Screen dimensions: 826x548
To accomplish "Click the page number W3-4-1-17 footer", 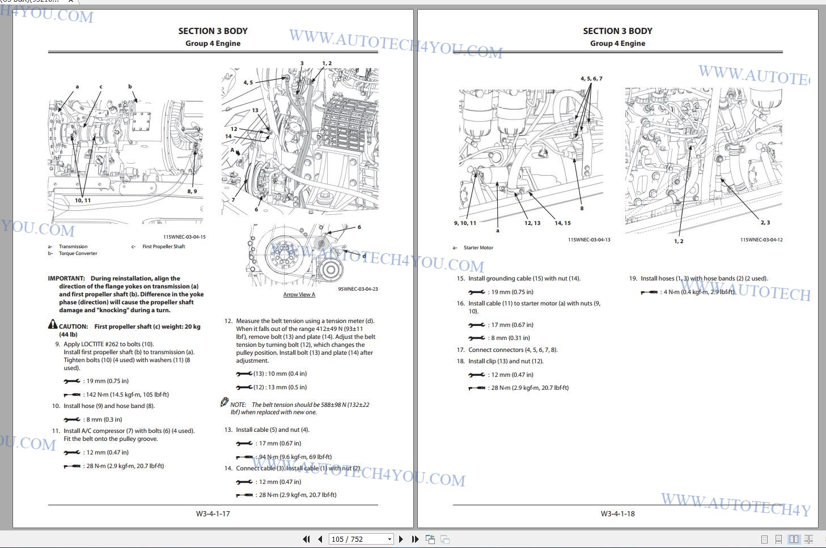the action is pos(213,513).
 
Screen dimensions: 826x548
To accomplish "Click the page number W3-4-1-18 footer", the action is pos(617,513).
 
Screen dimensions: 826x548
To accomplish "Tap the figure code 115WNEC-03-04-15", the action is pos(184,237).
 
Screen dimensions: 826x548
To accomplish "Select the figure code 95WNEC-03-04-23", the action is pos(358,289).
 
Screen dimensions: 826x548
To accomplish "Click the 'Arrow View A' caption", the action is pos(299,295).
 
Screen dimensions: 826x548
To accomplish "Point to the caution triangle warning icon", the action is pos(53,324).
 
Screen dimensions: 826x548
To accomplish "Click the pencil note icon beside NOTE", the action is pos(224,402).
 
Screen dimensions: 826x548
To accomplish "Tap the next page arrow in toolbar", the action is pos(401,539).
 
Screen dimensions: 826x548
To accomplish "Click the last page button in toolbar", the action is pos(415,539).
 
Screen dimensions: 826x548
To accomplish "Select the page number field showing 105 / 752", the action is pos(361,539).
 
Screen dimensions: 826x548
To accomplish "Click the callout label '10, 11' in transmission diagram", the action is pos(83,201).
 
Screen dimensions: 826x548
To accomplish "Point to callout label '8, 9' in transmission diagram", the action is pos(192,192).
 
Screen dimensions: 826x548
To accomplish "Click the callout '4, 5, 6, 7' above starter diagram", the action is pos(591,79).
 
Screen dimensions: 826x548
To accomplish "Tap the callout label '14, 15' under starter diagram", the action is pos(562,223).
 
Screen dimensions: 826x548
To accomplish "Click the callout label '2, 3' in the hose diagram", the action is pos(765,222).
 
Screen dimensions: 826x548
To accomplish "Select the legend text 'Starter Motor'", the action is pos(478,248).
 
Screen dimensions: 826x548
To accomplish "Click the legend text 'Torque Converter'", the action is pos(78,253).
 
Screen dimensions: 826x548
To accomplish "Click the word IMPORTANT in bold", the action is pos(66,278).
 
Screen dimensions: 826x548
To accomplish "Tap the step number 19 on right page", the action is pos(633,278).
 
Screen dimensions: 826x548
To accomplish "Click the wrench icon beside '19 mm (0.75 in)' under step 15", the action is pos(477,292).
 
